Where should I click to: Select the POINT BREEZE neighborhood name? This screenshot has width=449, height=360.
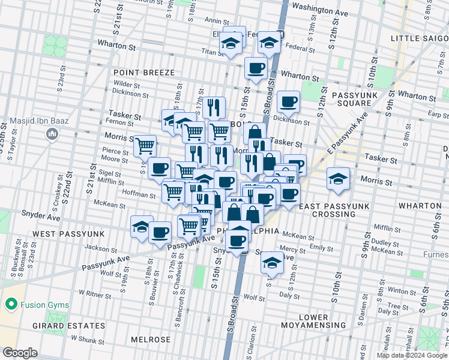[144, 73]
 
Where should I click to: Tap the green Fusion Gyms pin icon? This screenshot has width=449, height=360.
[10, 304]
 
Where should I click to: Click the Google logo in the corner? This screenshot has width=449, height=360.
[20, 353]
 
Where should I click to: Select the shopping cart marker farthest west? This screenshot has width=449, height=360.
[145, 145]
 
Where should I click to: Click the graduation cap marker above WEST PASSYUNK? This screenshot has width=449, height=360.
[142, 227]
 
